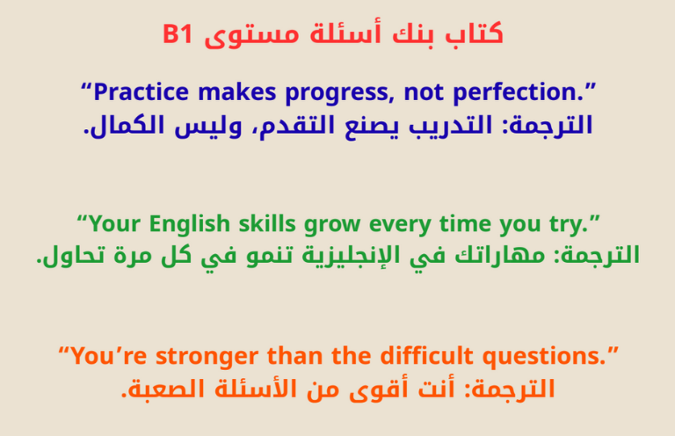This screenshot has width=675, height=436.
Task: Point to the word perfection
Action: pyautogui.click(x=521, y=91)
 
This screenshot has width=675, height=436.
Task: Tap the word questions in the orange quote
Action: pyautogui.click(x=547, y=357)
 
